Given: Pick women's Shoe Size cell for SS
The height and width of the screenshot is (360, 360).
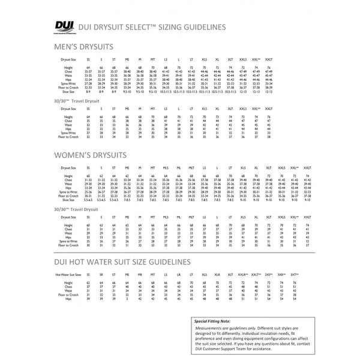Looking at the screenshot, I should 89,199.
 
